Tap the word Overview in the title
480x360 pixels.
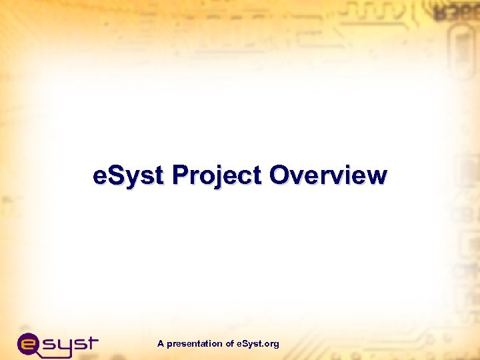[328, 176]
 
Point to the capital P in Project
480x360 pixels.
[179, 176]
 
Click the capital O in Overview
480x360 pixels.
[281, 176]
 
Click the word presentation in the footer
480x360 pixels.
[195, 344]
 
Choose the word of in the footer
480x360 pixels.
[230, 344]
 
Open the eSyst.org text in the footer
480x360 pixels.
[258, 344]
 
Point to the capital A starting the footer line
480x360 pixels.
[161, 344]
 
